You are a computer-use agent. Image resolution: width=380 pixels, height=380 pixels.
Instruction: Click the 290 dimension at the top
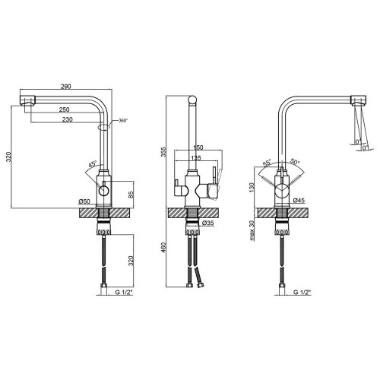65,86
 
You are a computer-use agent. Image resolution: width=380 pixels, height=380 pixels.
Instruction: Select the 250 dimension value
65,109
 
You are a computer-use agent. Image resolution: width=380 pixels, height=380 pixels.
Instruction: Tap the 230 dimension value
68,119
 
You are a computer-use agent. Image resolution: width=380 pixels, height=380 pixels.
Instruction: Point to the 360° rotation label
124,121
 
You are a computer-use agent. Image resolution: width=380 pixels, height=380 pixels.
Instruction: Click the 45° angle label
93,164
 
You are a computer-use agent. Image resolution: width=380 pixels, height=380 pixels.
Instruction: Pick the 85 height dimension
131,195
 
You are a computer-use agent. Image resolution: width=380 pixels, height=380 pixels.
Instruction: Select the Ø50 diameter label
84,201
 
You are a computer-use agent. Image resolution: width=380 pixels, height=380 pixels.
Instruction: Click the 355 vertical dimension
164,152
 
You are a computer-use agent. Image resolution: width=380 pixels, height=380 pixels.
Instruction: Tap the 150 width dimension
198,147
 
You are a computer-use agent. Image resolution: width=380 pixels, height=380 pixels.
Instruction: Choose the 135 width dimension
196,158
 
